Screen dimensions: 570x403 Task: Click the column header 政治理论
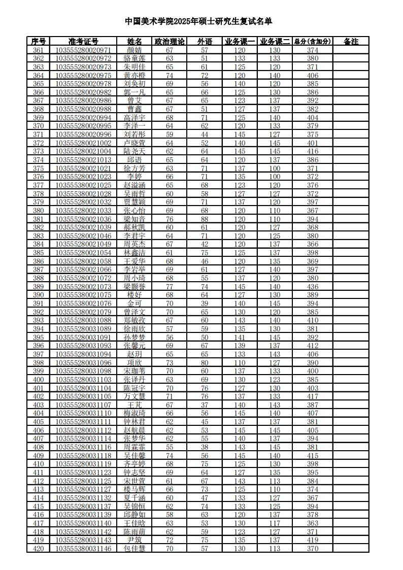[x=170, y=42]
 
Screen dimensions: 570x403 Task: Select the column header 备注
[x=351, y=42]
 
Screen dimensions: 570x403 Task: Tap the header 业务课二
[x=275, y=42]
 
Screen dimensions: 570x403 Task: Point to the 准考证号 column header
[x=84, y=42]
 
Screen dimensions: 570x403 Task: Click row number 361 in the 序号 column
[x=38, y=50]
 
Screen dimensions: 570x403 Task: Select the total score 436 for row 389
[x=313, y=287]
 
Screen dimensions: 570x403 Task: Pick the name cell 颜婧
[x=135, y=50]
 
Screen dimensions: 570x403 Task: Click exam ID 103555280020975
[x=84, y=76]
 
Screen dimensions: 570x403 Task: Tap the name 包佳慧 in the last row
[x=135, y=549]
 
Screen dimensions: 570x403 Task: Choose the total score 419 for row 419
[x=313, y=540]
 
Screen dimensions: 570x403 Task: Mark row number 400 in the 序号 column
[x=38, y=380]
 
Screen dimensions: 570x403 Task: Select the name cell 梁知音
[x=135, y=219]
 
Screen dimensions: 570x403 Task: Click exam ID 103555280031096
[x=84, y=363]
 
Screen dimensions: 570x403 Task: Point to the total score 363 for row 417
[x=313, y=523]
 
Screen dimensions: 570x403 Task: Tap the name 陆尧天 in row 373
[x=135, y=152]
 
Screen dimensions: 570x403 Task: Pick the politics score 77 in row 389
[x=170, y=287]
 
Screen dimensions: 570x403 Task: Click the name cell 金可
[x=135, y=304]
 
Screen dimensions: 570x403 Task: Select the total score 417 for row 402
[x=313, y=396]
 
